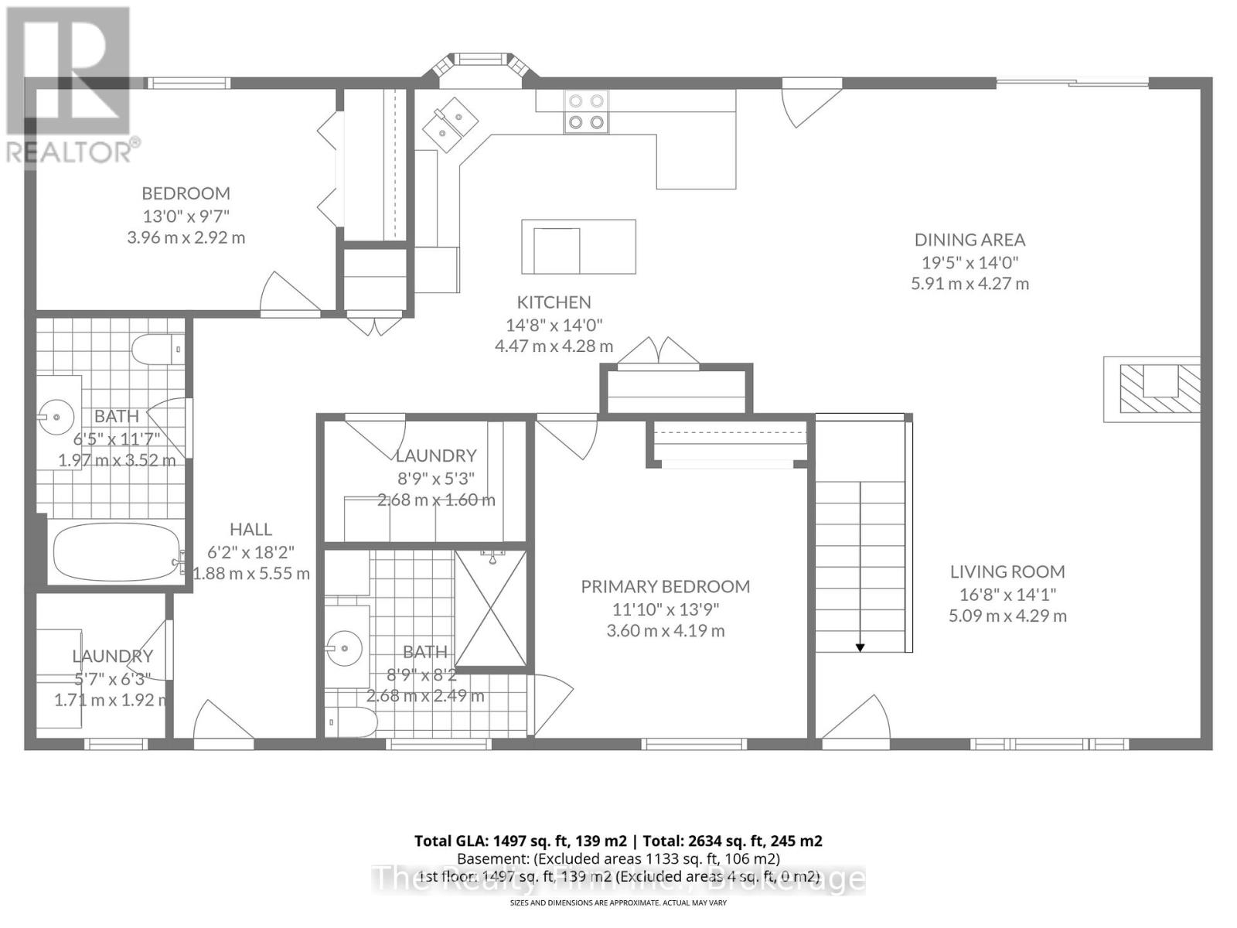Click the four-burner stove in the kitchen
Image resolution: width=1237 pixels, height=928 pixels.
pos(585,111)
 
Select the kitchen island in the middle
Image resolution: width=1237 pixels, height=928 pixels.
pos(578,246)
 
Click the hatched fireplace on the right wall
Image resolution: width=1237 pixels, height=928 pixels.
pos(1152,389)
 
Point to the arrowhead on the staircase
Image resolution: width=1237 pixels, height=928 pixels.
pos(860,647)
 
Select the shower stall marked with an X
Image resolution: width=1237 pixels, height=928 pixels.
pos(490,609)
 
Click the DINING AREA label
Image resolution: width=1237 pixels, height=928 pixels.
pos(969,240)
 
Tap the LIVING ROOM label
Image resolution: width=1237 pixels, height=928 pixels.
pos(1007,571)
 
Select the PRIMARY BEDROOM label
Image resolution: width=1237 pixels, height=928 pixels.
pos(665,586)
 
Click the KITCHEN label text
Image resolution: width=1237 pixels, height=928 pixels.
pos(554,302)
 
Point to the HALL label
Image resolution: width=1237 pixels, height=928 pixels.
pos(250,529)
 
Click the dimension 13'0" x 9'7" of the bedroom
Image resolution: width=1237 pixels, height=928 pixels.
pos(186,215)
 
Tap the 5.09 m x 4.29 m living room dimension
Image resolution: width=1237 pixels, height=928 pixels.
pos(1007,616)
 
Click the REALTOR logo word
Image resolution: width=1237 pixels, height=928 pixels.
pos(70,152)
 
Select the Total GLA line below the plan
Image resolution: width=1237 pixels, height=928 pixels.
pos(618,841)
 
